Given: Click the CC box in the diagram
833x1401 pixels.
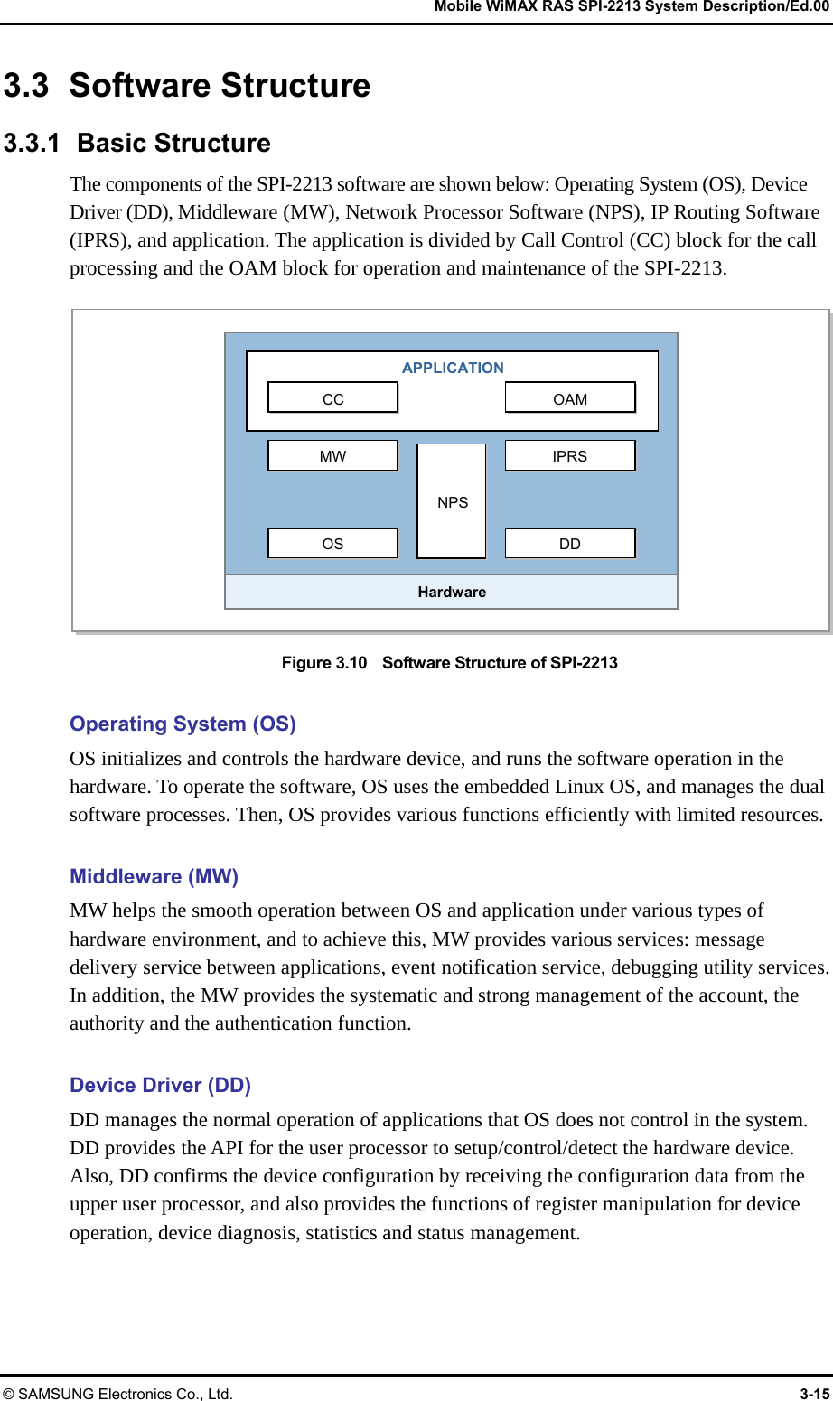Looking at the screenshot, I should coord(332,398).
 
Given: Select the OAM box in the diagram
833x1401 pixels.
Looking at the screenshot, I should coord(570,398).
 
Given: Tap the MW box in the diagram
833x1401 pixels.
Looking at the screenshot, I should coord(332,455).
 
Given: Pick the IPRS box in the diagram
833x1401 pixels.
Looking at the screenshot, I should coord(570,455).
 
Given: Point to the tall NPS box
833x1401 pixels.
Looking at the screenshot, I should coord(452,501).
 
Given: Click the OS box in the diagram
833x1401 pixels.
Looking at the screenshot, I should coord(332,543).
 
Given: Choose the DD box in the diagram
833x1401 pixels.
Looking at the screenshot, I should coord(570,543).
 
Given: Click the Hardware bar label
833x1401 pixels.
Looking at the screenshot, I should coord(452,592).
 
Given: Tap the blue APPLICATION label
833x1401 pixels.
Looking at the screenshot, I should coord(453,368).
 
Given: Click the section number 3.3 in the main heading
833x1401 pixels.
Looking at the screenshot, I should coord(26,86).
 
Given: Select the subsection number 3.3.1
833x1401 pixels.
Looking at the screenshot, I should coord(32,144).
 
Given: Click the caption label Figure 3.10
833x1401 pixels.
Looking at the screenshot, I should coord(324,663).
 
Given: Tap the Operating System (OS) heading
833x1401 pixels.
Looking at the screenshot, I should coord(183,724).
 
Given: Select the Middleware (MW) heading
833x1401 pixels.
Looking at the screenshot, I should coord(154,876).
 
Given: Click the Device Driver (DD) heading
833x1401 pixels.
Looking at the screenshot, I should coord(160,1085).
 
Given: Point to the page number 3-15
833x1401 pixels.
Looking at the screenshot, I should coord(814,1394).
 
